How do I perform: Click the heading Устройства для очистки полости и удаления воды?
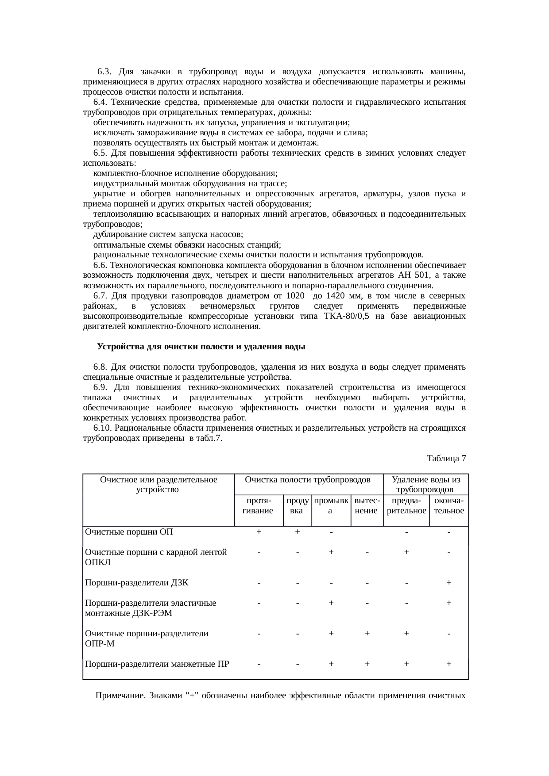(201, 347)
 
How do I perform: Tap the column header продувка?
(298, 505)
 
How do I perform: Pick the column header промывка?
(331, 505)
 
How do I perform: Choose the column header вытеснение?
(367, 505)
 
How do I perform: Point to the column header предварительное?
(406, 505)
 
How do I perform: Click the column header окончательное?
(448, 505)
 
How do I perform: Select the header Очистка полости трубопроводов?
(308, 480)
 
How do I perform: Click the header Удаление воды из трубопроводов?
(426, 485)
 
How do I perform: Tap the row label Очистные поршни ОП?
(129, 532)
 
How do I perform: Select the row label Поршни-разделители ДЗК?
(137, 583)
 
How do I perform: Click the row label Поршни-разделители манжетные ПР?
(157, 664)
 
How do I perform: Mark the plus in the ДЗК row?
(448, 583)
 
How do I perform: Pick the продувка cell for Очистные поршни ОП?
(298, 532)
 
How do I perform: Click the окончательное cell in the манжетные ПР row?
(448, 664)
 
